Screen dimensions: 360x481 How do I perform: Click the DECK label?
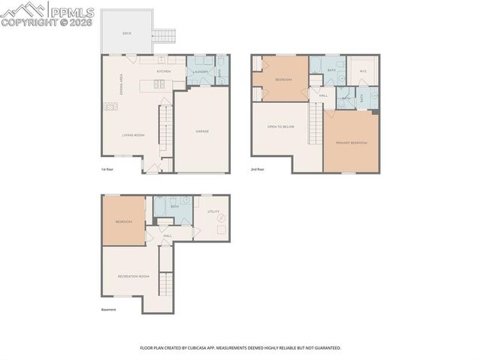tap(127, 34)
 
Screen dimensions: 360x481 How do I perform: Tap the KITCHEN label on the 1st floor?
tap(164, 71)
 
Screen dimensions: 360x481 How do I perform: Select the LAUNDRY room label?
tap(200, 71)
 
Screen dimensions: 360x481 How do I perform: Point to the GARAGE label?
tap(202, 132)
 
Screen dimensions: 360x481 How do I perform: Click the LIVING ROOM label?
tap(134, 135)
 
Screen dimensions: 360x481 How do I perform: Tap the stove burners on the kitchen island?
tap(159, 83)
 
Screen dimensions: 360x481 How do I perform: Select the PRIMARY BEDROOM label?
tap(352, 142)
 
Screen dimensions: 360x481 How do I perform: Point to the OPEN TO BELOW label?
tap(280, 127)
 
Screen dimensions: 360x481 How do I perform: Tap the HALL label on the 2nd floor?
tap(323, 95)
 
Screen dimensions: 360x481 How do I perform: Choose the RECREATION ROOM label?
tap(133, 277)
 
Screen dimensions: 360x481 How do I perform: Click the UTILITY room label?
tap(213, 212)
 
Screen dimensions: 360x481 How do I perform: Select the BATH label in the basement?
tap(174, 206)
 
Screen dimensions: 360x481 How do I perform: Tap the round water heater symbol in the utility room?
tap(221, 218)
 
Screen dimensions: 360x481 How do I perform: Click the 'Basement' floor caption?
tap(109, 310)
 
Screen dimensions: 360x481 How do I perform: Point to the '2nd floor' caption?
tap(259, 170)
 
